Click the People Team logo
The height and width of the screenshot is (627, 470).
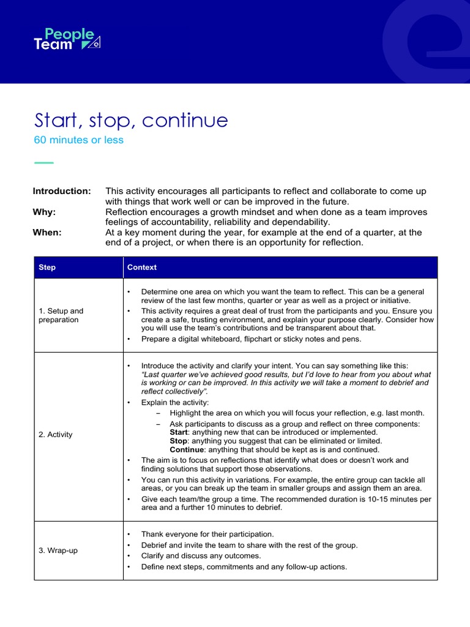click(66, 39)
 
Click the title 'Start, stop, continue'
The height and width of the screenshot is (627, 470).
click(130, 120)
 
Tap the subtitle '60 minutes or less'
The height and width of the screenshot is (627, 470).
click(78, 140)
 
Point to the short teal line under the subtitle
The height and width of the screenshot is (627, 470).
click(43, 163)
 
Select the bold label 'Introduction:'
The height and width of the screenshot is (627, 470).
click(62, 191)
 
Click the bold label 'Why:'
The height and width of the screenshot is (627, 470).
click(44, 212)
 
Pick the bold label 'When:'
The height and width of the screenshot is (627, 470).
click(47, 232)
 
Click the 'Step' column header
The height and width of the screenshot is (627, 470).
click(47, 268)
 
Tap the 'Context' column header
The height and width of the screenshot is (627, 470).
click(142, 268)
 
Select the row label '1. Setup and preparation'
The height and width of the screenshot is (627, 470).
click(61, 315)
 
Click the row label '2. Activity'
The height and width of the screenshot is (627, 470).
click(55, 435)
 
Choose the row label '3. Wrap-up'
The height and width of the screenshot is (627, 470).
click(58, 550)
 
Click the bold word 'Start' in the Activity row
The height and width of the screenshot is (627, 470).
click(180, 432)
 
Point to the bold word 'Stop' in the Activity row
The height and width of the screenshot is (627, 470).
click(179, 441)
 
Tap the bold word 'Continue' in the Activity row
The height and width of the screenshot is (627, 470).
click(187, 449)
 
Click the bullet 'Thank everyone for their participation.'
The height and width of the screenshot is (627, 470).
click(207, 534)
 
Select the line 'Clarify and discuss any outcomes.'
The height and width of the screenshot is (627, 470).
click(201, 556)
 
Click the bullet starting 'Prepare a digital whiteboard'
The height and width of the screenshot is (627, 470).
click(251, 339)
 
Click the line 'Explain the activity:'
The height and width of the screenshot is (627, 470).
click(175, 402)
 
